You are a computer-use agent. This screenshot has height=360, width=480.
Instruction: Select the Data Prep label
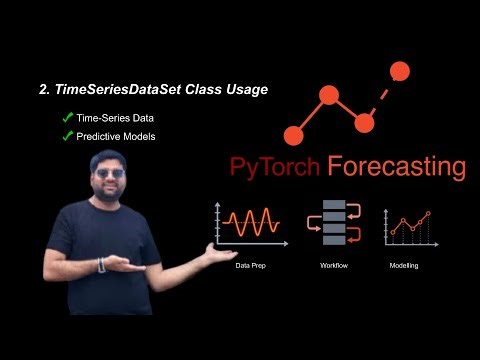tap(251, 266)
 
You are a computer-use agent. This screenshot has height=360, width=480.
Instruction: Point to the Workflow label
tap(333, 266)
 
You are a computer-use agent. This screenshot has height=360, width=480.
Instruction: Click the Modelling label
tap(405, 266)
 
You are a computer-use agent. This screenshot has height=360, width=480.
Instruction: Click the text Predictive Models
tap(116, 136)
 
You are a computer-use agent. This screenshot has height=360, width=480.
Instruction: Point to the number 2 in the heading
tap(42, 90)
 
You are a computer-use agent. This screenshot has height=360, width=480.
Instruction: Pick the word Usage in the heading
tap(245, 90)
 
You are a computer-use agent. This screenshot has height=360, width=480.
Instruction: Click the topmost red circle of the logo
tap(399, 71)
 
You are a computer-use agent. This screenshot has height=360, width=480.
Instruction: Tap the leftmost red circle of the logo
tap(293, 134)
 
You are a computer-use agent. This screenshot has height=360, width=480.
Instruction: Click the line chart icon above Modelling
tap(408, 226)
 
